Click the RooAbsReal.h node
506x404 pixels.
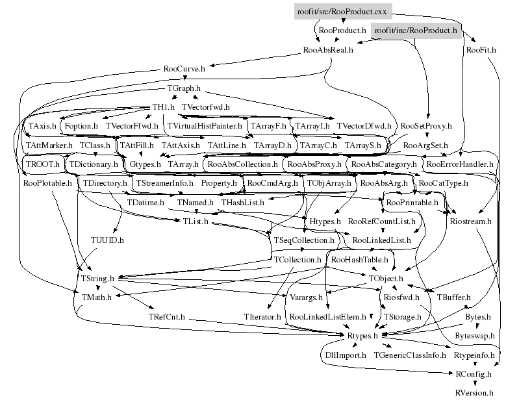[328, 49]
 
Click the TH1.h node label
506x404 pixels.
[164, 106]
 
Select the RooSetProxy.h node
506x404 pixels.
[426, 125]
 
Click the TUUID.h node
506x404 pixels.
[107, 240]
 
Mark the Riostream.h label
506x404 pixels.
[470, 221]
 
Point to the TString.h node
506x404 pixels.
[97, 279]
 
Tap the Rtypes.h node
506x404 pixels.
[362, 336]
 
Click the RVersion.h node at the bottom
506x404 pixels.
[474, 393]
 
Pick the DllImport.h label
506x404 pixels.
[346, 355]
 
